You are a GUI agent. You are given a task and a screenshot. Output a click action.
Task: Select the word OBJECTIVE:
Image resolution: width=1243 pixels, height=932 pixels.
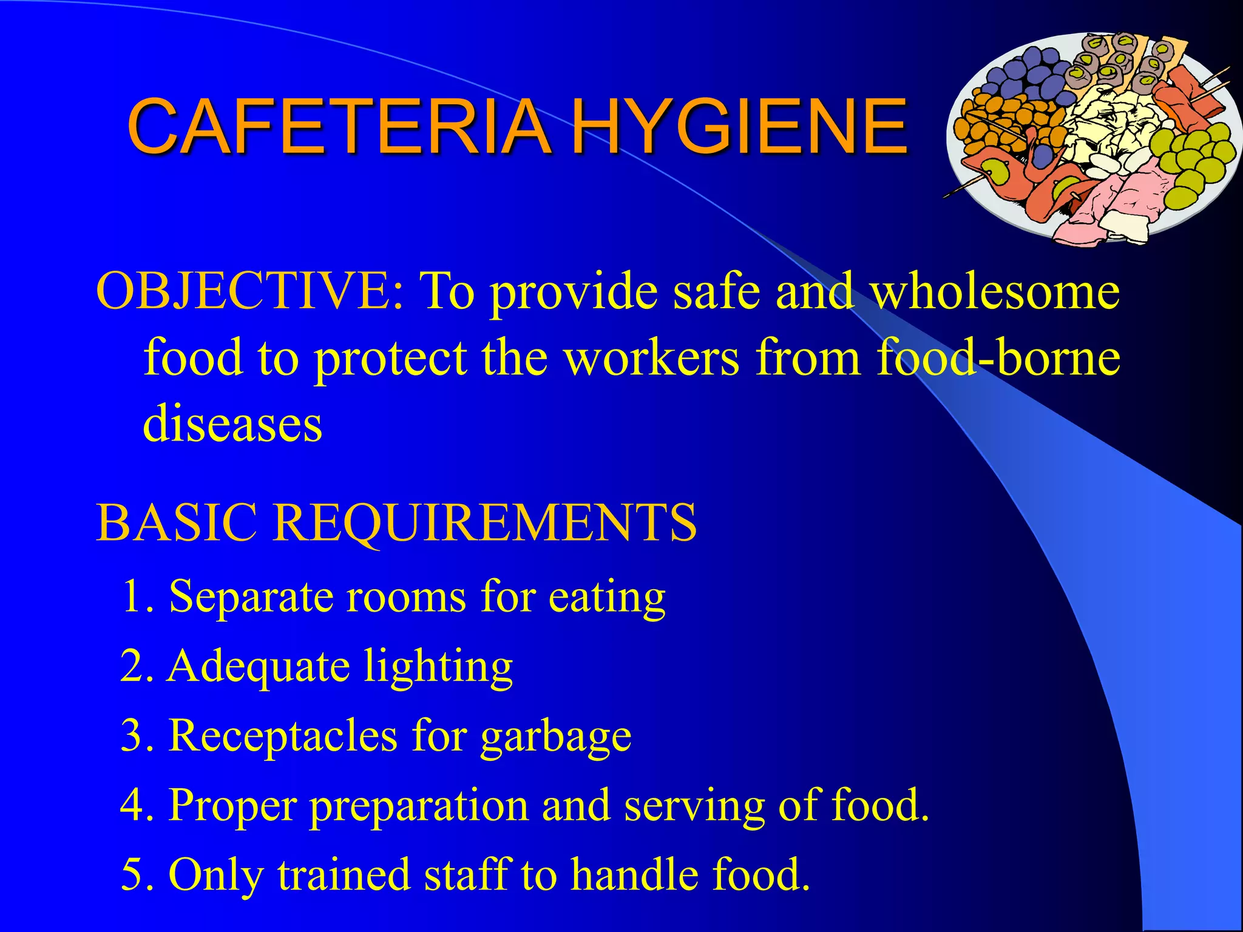(249, 292)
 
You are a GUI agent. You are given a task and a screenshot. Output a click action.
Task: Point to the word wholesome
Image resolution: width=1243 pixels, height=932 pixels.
(995, 292)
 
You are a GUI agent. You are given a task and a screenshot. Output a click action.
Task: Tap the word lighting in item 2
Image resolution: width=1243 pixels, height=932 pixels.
(438, 668)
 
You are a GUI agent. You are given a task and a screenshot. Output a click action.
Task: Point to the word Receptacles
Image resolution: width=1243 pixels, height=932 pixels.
(283, 736)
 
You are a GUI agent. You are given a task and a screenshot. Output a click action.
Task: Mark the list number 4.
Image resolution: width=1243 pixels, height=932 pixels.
(134, 805)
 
